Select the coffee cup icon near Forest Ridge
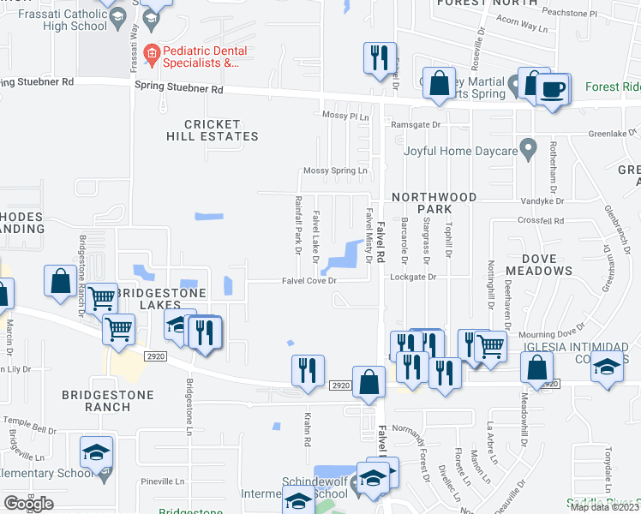553,89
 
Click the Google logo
28,504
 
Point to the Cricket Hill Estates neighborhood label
212,130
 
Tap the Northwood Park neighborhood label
434,203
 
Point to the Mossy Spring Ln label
337,171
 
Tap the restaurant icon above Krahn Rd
308,370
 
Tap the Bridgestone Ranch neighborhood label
108,401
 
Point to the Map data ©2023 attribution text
602,507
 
